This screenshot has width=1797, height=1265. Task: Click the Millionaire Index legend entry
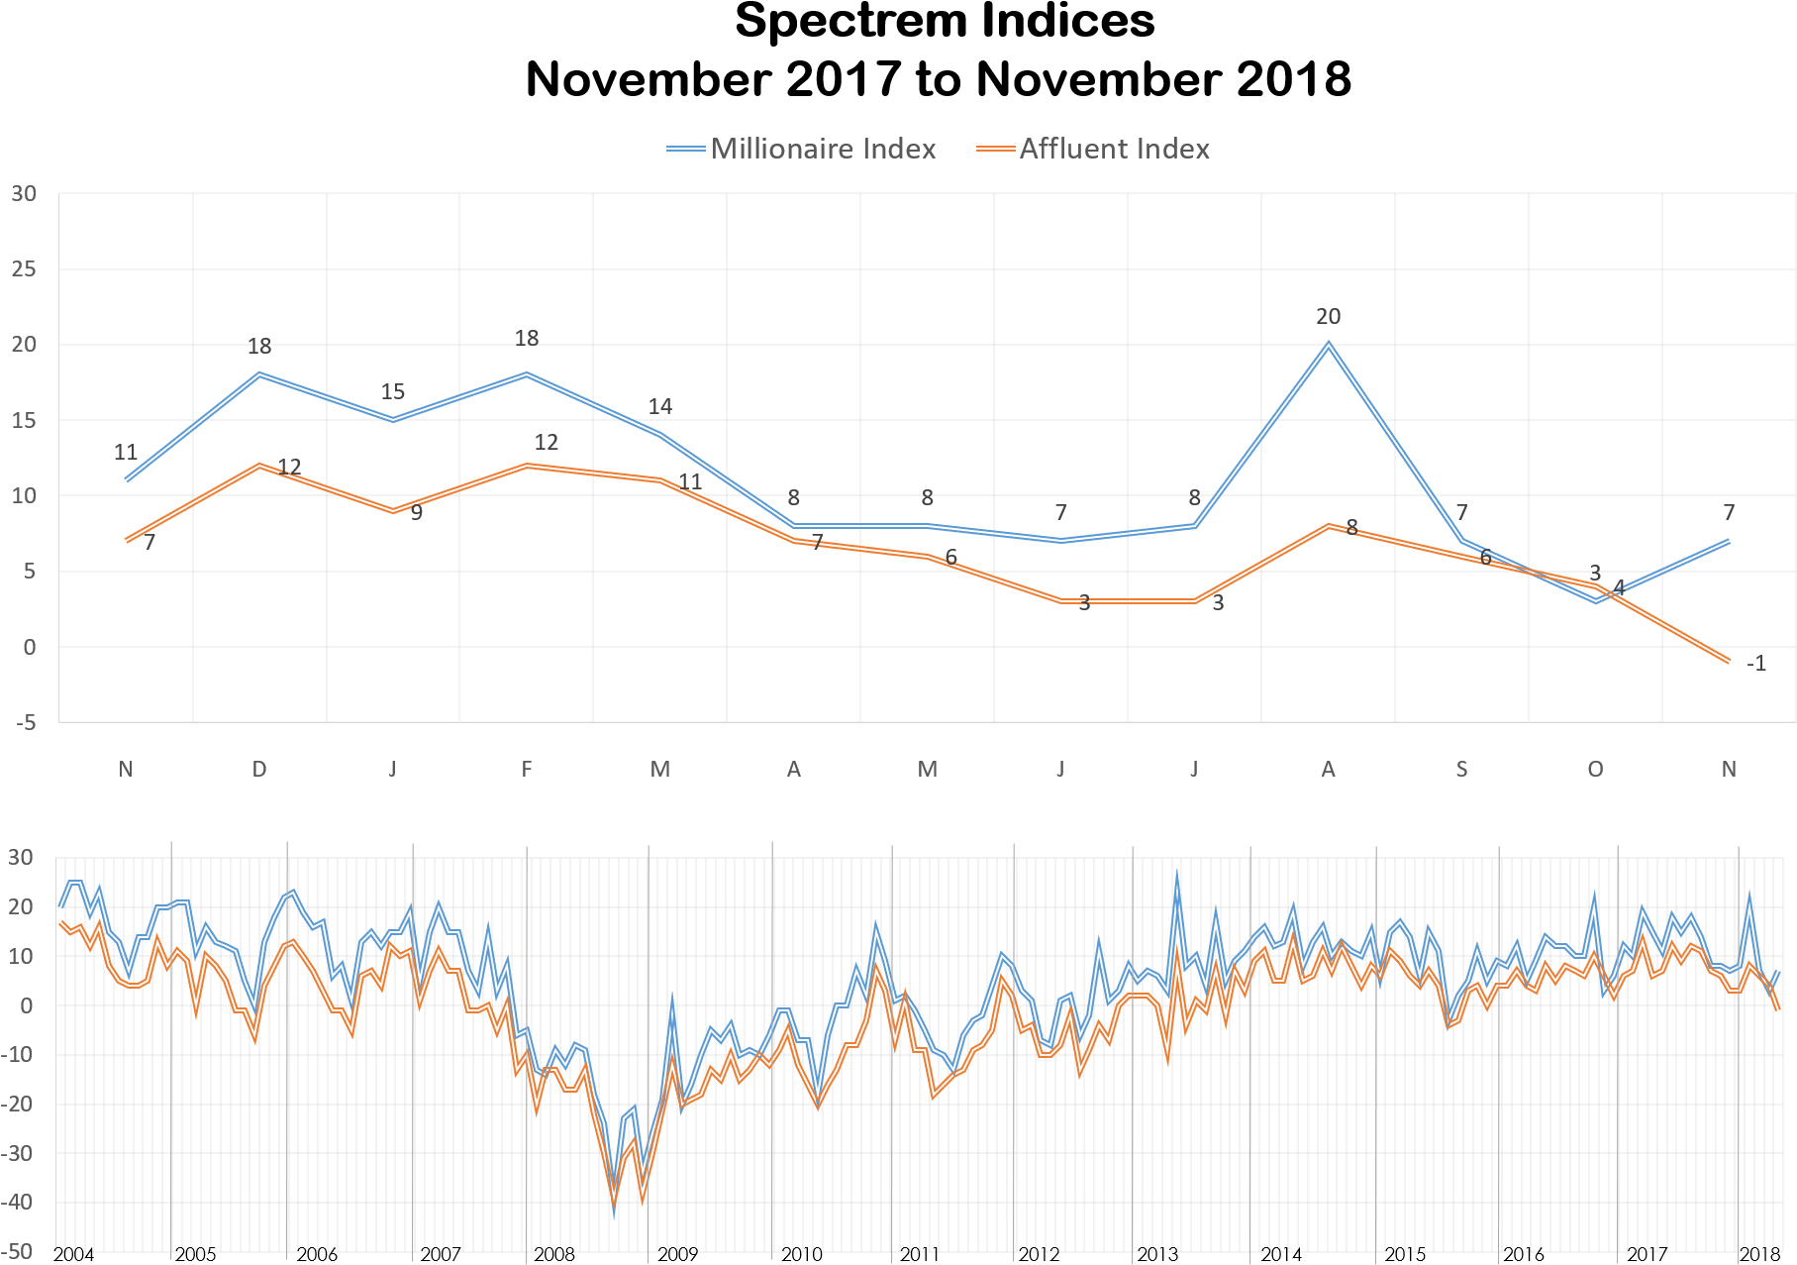802,149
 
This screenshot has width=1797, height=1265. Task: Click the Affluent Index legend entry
1093,149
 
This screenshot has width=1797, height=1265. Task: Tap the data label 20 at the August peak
1328,317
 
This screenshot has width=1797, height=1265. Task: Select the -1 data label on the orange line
1755,664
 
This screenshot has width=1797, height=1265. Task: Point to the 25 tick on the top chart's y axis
24,269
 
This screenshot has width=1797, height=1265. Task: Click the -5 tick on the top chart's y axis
24,723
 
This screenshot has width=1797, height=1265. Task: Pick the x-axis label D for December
259,770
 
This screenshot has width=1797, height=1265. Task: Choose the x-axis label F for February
527,770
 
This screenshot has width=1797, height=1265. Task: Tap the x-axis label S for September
1461,770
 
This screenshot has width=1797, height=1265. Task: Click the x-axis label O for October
1595,770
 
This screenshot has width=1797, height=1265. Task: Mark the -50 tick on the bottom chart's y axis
20,1253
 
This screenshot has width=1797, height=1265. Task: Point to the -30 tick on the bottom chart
20,1154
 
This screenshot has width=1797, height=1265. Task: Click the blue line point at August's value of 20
1328,344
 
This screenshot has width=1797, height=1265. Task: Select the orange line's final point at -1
1729,662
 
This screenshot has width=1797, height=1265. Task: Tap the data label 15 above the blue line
393,391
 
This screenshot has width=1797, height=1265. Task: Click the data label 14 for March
660,406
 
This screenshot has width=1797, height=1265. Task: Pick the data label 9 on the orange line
417,513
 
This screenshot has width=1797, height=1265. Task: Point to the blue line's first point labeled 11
127,480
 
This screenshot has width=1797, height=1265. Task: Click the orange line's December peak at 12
259,465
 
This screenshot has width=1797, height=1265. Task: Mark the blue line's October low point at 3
1595,601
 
